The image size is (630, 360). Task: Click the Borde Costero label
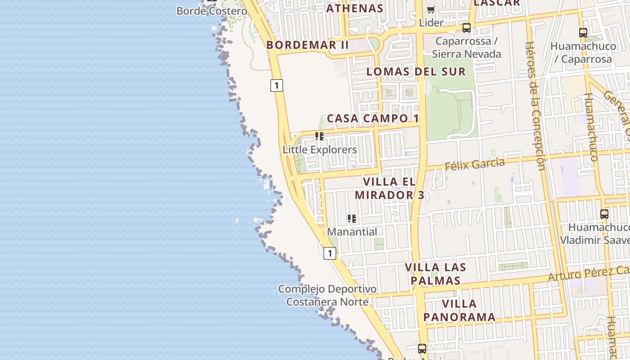pos(211,11)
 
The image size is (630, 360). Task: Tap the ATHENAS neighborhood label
pos(355,8)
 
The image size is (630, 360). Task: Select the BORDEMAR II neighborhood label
pos(308,45)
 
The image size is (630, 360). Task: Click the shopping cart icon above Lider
pos(431,9)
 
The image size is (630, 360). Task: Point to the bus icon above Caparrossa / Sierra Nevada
pos(467,28)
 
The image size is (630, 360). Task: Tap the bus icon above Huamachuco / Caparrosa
pos(583,32)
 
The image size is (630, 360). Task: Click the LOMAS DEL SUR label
pos(416,72)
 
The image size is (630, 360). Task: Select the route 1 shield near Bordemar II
pos(277,85)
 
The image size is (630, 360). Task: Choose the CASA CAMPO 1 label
pos(373,118)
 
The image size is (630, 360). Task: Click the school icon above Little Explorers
pos(319,136)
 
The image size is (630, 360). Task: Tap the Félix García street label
pos(475,164)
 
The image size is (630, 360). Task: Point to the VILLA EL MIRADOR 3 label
pos(390,189)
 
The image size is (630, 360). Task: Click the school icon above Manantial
pos(352,219)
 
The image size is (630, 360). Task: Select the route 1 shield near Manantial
pos(330,253)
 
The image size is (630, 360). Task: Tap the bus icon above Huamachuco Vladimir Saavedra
pos(604,214)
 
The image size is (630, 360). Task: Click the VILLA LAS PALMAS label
pos(435,274)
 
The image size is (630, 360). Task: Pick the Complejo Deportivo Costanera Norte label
pos(328,295)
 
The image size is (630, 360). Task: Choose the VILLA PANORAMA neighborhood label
pos(459,310)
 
